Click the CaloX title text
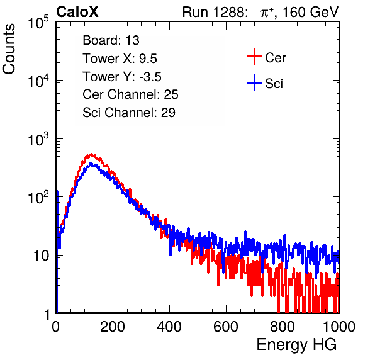(x=77, y=12)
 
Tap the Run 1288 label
(x=214, y=12)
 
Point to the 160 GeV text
(x=310, y=12)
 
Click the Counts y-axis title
(x=9, y=49)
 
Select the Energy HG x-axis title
(x=296, y=345)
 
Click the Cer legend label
(x=275, y=58)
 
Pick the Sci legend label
(x=274, y=84)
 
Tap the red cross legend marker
(x=254, y=57)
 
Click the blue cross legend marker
(x=254, y=82)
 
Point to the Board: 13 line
(x=111, y=40)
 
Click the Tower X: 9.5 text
(x=120, y=59)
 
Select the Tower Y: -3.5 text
(x=122, y=77)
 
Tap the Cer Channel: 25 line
(x=130, y=94)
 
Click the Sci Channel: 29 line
(x=129, y=113)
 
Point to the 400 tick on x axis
(x=169, y=327)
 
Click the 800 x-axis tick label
(x=283, y=327)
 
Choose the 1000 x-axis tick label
(x=339, y=327)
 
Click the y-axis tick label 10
(x=42, y=256)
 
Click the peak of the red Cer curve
(x=92, y=154)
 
